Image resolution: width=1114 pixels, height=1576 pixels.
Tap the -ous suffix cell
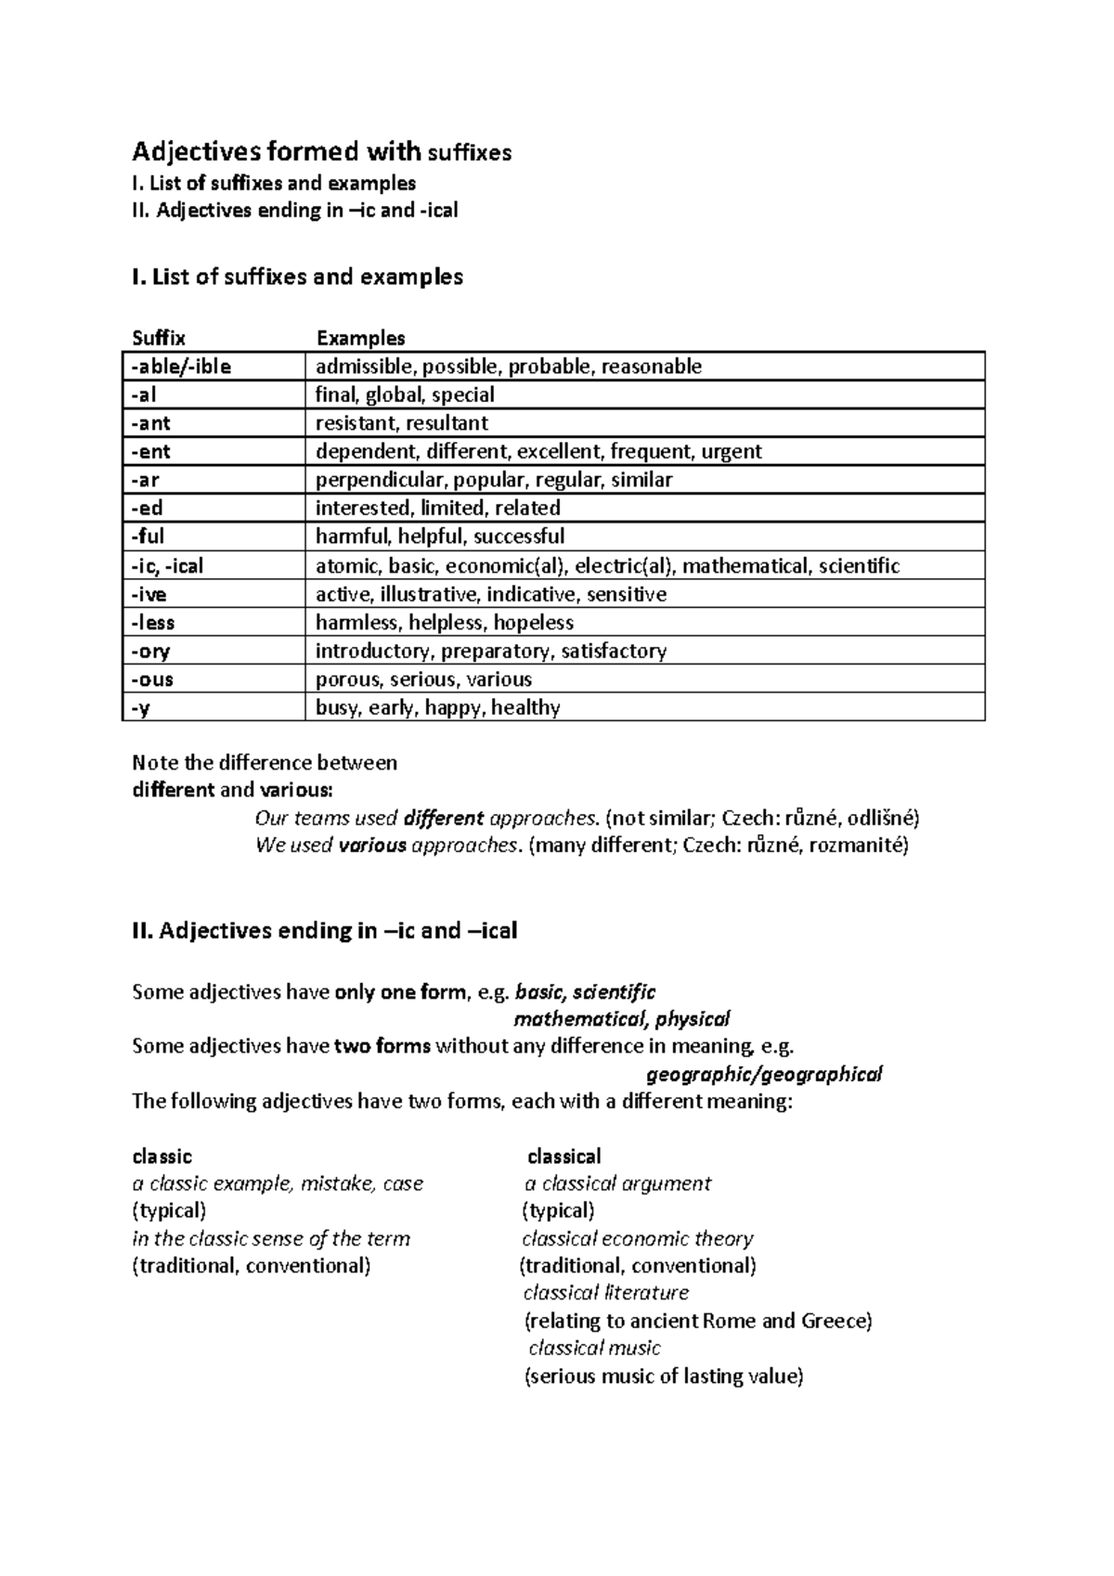point(152,679)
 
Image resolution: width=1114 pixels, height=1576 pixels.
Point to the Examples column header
point(360,338)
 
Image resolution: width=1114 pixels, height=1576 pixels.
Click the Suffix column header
point(159,338)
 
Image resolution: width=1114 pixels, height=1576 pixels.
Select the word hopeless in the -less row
point(533,623)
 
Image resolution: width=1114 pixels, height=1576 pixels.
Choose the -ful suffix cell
point(148,536)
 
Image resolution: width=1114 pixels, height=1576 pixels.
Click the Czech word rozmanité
point(859,846)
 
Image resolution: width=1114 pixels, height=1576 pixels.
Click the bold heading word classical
point(563,1156)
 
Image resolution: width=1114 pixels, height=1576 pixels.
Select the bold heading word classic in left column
point(162,1156)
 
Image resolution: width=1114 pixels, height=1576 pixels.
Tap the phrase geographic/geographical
point(763,1075)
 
